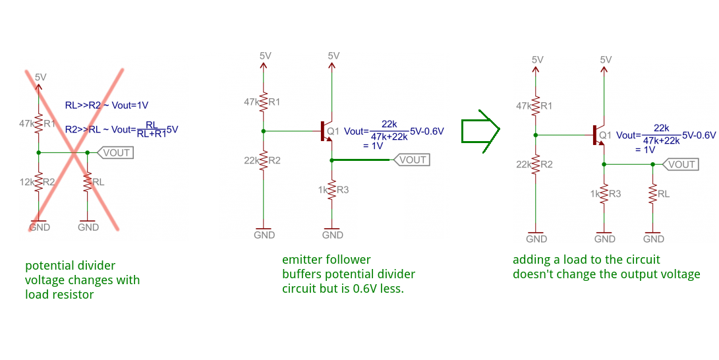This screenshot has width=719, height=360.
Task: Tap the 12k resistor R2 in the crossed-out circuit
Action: [x=38, y=181]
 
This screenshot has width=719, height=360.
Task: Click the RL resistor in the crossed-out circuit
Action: [x=87, y=181]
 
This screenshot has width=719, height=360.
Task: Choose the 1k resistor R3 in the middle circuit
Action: [x=332, y=190]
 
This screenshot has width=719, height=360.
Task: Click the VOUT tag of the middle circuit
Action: [x=411, y=160]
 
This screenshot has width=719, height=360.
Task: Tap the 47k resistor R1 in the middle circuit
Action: [x=264, y=102]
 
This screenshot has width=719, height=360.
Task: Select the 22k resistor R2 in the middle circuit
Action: [x=264, y=160]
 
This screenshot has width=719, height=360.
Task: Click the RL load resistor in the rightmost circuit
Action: [x=652, y=194]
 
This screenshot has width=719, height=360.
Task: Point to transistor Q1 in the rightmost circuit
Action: [x=599, y=135]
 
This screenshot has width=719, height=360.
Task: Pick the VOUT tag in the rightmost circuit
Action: [x=679, y=164]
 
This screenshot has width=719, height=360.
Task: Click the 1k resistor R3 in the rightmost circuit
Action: [x=604, y=194]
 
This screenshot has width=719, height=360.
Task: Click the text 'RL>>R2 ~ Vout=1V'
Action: [x=106, y=105]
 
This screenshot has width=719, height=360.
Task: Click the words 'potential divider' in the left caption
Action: [x=70, y=266]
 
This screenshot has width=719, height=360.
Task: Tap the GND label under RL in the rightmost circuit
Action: [x=653, y=239]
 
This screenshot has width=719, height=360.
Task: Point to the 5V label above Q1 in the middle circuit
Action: [x=333, y=56]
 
